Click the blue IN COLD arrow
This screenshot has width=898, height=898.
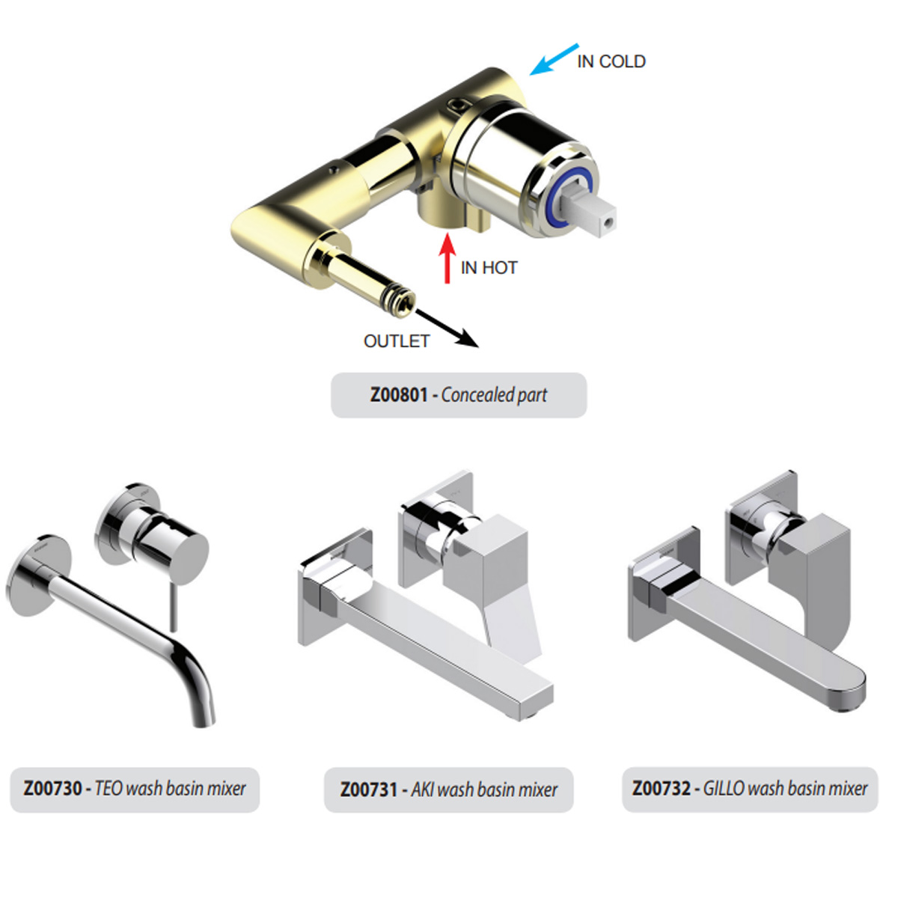click(554, 59)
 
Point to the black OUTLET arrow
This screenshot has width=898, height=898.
click(447, 328)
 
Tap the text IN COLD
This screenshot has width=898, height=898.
click(611, 61)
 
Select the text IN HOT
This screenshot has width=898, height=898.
click(489, 268)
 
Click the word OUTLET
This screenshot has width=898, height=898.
click(396, 341)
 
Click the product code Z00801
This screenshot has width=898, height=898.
click(398, 395)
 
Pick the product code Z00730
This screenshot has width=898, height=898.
click(52, 789)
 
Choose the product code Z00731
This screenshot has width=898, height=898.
click(368, 789)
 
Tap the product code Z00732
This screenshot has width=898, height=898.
click(661, 789)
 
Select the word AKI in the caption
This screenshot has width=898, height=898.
click(423, 789)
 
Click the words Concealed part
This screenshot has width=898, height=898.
click(494, 395)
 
